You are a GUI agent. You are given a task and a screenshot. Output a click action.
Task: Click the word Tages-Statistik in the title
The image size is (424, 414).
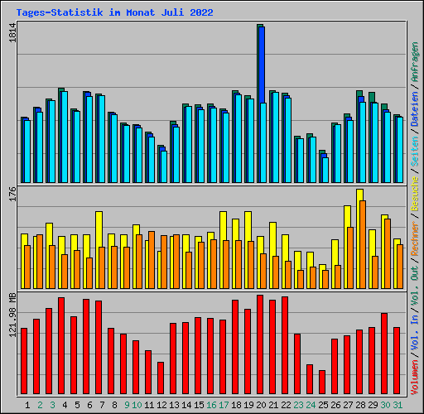[60, 12]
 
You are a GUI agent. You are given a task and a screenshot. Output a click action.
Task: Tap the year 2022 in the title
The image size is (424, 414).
[201, 12]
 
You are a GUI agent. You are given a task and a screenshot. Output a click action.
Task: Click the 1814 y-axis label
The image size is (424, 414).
[12, 33]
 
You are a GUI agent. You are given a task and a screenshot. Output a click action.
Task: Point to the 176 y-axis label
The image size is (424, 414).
[12, 194]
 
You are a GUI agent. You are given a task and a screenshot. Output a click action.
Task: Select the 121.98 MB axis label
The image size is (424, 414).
[12, 315]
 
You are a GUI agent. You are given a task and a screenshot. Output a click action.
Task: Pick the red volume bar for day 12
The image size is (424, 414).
[161, 378]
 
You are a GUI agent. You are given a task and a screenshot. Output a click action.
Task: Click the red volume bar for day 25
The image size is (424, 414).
[322, 382]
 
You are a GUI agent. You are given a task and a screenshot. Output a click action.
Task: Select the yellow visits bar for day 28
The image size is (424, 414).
[359, 238]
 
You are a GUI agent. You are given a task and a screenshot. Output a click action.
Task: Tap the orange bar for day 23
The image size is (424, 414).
[301, 279]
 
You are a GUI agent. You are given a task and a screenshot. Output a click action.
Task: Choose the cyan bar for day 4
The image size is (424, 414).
[65, 137]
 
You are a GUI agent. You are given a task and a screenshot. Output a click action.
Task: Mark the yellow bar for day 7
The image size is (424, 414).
[99, 250]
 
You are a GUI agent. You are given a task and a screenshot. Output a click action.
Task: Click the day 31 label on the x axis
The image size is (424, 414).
[397, 405]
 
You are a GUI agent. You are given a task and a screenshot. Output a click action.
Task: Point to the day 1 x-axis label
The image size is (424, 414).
[27, 405]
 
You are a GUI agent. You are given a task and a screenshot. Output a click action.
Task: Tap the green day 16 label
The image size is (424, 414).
[211, 405]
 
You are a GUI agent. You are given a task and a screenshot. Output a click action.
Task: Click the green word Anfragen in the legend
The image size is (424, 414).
[415, 62]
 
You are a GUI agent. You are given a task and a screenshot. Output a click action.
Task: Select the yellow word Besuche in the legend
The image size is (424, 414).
[415, 194]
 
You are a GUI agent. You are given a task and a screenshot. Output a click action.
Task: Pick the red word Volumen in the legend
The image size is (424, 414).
[415, 378]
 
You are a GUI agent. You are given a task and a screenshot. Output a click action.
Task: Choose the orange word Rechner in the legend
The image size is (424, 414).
[415, 238]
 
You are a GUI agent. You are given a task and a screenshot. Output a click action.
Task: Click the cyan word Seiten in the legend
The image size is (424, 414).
[415, 152]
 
